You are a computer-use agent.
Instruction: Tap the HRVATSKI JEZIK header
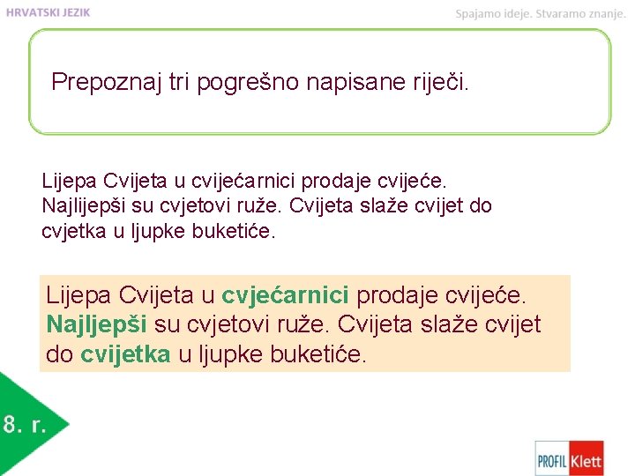49,12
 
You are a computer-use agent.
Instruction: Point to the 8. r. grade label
24,425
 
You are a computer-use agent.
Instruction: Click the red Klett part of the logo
586,459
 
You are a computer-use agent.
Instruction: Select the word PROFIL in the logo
553,459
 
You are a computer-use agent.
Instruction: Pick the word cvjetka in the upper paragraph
71,230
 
